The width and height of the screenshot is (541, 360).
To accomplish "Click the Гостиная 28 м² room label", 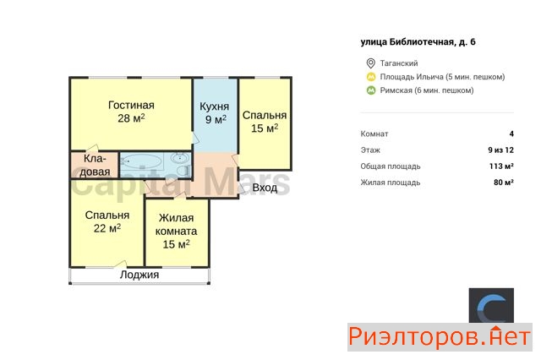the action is click(x=131, y=112).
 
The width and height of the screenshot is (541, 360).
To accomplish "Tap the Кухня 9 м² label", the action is click(x=214, y=112).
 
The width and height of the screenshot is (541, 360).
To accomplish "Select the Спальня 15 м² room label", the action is click(x=265, y=122).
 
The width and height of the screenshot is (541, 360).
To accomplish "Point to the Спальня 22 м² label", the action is click(x=107, y=221).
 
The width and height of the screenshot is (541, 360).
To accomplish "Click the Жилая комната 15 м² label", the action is click(x=176, y=231).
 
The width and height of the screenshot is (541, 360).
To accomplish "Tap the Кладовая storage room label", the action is click(x=95, y=165).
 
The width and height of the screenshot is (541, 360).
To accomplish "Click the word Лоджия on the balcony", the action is click(x=139, y=275).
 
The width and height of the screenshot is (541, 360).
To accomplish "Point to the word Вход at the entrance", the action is click(x=265, y=188).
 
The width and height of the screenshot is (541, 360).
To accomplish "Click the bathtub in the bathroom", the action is click(x=142, y=161).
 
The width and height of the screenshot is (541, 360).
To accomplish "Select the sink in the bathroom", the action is click(x=180, y=158).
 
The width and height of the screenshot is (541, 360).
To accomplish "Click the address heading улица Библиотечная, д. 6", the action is click(x=418, y=42).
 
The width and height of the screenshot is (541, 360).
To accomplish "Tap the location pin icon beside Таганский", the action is click(x=370, y=63).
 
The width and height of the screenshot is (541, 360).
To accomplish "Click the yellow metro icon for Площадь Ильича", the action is click(x=371, y=77).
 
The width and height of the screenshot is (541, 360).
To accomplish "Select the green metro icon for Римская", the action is click(x=371, y=90).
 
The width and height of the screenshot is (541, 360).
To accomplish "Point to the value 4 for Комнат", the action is click(x=511, y=134).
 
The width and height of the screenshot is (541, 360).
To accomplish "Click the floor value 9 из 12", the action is click(x=500, y=150).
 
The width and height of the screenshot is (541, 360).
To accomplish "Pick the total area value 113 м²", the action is click(x=501, y=166).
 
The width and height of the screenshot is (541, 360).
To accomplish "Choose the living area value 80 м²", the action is click(x=504, y=183).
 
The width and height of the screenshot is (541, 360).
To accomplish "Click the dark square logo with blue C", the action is click(x=491, y=306).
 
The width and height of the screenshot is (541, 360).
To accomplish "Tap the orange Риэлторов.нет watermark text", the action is click(x=440, y=337).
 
